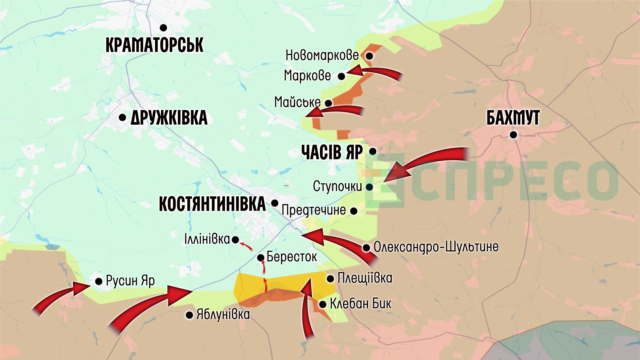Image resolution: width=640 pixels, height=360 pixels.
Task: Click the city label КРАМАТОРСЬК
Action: tap(154, 45)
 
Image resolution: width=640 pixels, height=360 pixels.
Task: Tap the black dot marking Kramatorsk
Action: tap(163, 28)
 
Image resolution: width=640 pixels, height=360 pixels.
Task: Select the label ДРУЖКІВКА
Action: tap(169, 118)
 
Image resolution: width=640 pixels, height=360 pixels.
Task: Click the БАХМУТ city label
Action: tap(513, 118)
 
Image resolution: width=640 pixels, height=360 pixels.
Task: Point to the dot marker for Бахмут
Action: tap(513, 135)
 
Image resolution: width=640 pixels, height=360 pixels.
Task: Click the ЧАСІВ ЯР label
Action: tap(332, 152)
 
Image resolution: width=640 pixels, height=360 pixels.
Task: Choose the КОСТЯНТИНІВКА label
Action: tap(212, 204)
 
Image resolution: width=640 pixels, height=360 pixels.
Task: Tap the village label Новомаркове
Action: tap(322, 55)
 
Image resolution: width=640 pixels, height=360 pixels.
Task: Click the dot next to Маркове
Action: tap(341, 77)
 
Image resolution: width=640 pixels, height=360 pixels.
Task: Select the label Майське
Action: tap(297, 102)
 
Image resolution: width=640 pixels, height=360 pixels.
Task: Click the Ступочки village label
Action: tap(337, 186)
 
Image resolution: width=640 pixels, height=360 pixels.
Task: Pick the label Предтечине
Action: tap(314, 210)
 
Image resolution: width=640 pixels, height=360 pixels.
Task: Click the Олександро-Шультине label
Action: tap(436, 247)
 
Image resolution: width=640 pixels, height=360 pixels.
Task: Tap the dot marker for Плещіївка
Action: tap(330, 279)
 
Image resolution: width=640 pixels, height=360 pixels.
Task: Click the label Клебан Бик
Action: tap(360, 304)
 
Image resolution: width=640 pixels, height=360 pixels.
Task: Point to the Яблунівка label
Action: tap(223, 314)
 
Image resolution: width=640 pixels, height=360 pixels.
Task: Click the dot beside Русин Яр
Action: tap(99, 281)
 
